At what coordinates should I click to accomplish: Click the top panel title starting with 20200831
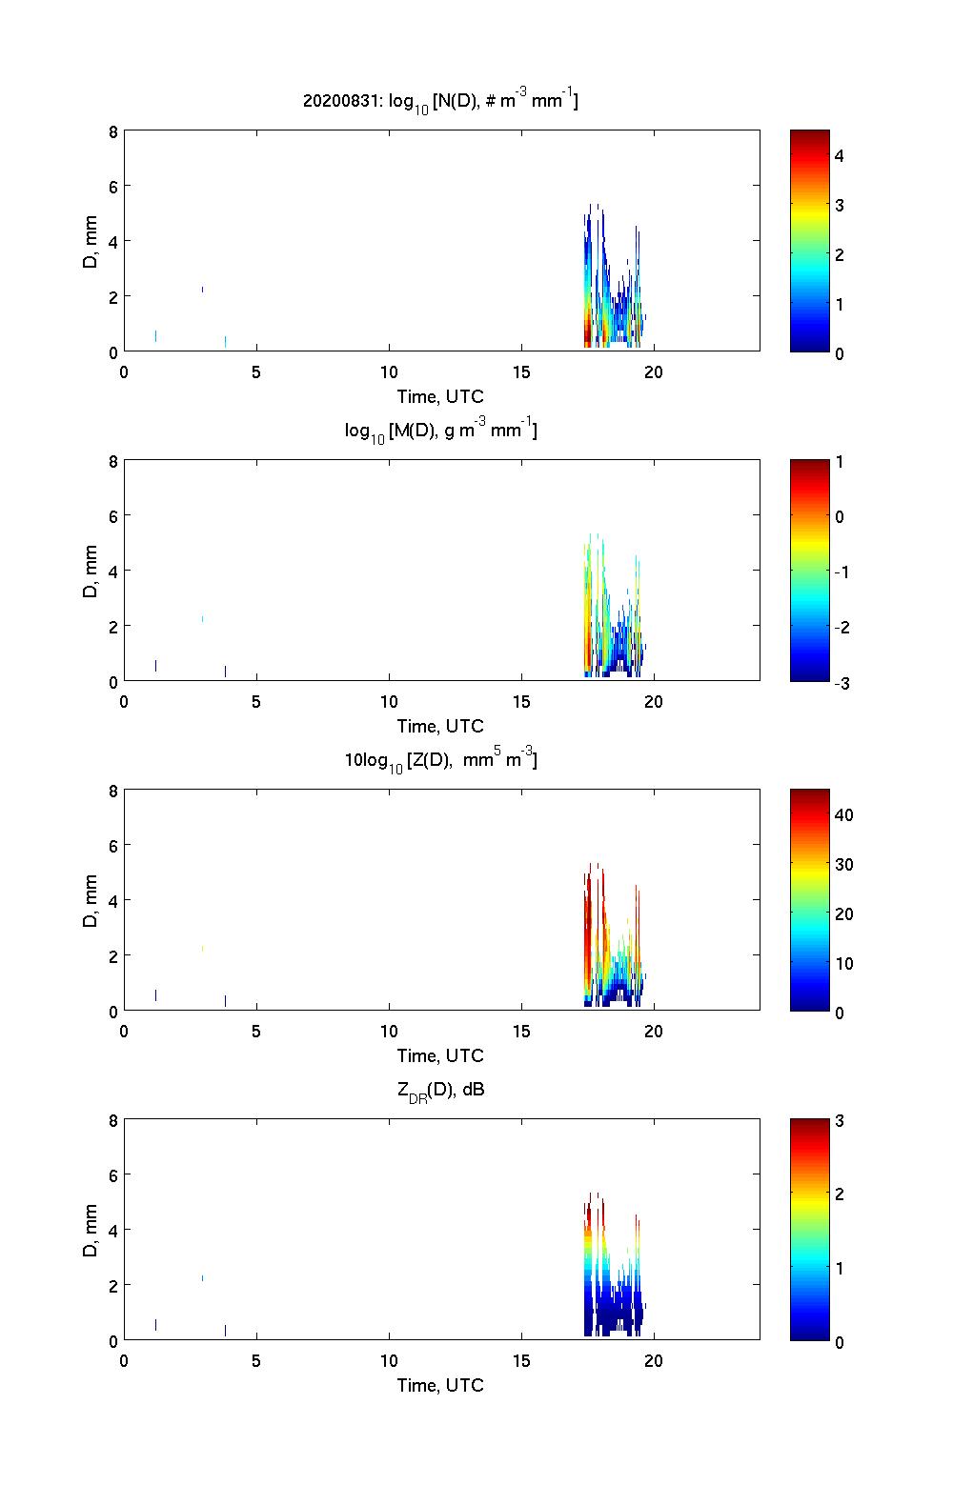[440, 100]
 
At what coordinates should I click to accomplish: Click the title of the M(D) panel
[440, 431]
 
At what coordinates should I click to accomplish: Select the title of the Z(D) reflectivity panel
[440, 760]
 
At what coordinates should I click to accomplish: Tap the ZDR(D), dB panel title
[440, 1090]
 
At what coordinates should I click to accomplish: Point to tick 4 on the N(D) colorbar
[840, 155]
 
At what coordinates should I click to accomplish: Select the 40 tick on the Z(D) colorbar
[843, 815]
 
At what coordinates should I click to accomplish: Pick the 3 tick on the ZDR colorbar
[840, 1121]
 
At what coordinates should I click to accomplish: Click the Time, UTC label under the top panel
[440, 396]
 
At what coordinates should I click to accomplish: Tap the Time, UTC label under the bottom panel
[440, 1385]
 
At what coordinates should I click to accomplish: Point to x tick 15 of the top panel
[521, 372]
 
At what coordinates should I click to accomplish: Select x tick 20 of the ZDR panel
[654, 1361]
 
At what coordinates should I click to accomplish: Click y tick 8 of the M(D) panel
[112, 461]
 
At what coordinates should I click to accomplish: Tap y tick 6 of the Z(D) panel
[112, 846]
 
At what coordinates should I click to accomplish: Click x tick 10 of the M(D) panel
[389, 702]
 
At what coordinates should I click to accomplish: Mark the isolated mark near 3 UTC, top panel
[202, 289]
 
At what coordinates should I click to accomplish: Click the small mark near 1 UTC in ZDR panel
[155, 1324]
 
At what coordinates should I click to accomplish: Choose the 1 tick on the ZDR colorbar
[840, 1268]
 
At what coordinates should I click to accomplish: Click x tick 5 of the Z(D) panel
[256, 1032]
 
